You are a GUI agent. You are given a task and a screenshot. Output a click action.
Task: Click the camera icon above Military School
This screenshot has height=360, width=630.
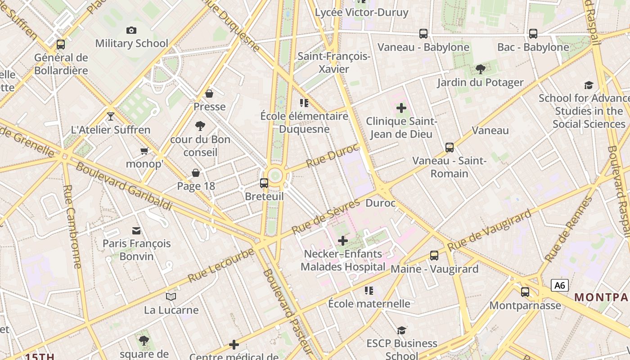click(131, 30)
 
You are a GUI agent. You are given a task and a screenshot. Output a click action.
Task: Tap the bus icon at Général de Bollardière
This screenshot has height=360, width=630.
click(61, 45)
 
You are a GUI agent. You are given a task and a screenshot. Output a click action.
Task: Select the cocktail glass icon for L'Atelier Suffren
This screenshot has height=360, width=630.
click(111, 117)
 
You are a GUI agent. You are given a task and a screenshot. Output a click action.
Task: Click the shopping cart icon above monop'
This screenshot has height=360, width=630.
click(144, 151)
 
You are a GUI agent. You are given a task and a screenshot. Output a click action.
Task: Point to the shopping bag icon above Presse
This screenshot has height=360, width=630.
click(209, 94)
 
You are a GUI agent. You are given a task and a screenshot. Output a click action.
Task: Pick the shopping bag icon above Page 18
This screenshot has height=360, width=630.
click(196, 173)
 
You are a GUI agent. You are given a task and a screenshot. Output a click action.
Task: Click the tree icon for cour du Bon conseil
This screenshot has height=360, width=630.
click(200, 126)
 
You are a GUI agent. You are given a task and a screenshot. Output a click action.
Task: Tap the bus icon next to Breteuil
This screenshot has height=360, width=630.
click(264, 183)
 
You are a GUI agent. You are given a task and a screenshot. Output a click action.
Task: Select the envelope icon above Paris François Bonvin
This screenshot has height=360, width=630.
click(136, 231)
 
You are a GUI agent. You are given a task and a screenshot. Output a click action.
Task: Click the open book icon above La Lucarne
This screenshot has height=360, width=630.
click(171, 297)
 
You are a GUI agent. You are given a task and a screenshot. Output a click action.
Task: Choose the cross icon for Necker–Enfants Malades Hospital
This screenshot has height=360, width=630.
click(343, 241)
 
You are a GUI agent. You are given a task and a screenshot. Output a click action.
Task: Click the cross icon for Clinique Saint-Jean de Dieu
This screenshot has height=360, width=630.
click(401, 108)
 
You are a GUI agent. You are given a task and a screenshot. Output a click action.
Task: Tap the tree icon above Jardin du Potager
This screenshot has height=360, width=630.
click(481, 69)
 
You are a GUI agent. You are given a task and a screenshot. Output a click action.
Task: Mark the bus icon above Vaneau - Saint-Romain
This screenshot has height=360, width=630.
click(450, 148)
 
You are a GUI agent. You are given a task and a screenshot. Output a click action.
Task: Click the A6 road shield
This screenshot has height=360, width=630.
click(559, 285)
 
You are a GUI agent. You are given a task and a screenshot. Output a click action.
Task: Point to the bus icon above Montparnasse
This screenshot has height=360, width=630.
click(525, 292)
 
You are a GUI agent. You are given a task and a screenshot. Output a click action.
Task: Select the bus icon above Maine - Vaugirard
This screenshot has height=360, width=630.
click(434, 256)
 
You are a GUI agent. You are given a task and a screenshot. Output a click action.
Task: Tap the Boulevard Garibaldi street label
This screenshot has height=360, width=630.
click(124, 186)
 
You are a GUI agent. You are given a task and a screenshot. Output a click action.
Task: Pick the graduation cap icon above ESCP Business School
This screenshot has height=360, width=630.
click(401, 331)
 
